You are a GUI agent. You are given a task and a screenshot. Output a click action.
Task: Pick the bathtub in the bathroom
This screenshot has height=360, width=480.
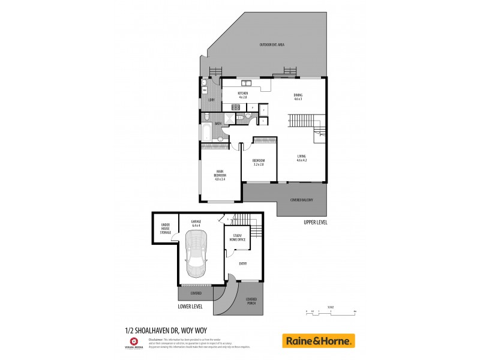click(x=206, y=130)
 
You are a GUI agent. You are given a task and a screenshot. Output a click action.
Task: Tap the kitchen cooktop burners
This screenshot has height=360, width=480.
click(x=236, y=107)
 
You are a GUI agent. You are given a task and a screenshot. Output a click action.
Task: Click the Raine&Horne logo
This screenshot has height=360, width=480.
click(x=319, y=341)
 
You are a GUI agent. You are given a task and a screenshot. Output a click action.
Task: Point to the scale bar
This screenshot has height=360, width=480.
click(x=331, y=314)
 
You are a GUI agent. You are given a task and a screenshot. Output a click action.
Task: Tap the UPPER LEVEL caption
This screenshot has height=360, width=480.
click(x=316, y=222)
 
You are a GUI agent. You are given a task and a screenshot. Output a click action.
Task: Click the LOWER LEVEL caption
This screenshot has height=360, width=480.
click(x=190, y=306)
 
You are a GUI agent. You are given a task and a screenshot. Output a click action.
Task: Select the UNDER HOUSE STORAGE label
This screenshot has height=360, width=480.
click(x=166, y=228)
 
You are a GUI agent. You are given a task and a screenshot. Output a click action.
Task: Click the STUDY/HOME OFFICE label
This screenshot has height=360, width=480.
click(x=238, y=238)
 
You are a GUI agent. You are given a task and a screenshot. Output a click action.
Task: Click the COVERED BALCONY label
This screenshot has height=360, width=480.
click(x=302, y=200)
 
